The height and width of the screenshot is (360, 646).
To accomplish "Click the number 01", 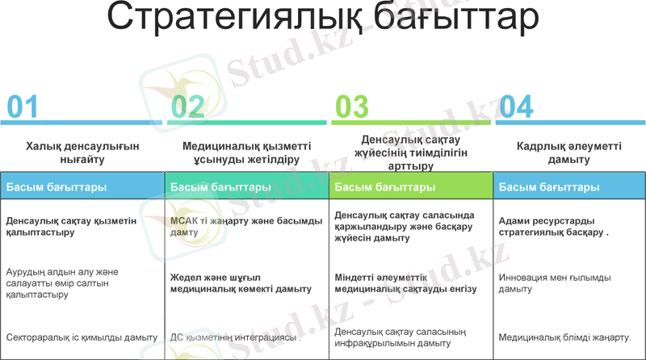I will (22, 106).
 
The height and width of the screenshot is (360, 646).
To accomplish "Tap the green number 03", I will (352, 106).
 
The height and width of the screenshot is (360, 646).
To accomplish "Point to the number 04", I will (517, 106).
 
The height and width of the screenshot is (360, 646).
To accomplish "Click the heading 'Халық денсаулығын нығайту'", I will (82, 153).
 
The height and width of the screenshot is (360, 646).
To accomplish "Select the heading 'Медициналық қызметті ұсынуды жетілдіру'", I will (246, 153).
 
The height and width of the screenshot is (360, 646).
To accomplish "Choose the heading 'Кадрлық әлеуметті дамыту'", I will (568, 153).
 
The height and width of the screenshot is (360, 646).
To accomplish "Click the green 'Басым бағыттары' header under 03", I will (385, 187).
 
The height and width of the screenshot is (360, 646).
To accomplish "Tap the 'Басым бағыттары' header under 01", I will (57, 187).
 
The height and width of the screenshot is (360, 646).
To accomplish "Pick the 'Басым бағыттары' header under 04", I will (549, 187).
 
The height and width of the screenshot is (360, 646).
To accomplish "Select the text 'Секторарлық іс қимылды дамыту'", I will (82, 337).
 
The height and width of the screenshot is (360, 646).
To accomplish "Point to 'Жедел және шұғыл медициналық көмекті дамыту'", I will (241, 283).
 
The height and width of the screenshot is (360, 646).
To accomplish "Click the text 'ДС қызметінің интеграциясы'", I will (235, 337).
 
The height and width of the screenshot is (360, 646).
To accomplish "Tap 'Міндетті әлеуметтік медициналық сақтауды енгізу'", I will (405, 283).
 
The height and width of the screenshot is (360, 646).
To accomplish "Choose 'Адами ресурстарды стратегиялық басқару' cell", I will (554, 226).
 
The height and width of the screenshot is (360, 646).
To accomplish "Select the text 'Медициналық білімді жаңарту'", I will (565, 337).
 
